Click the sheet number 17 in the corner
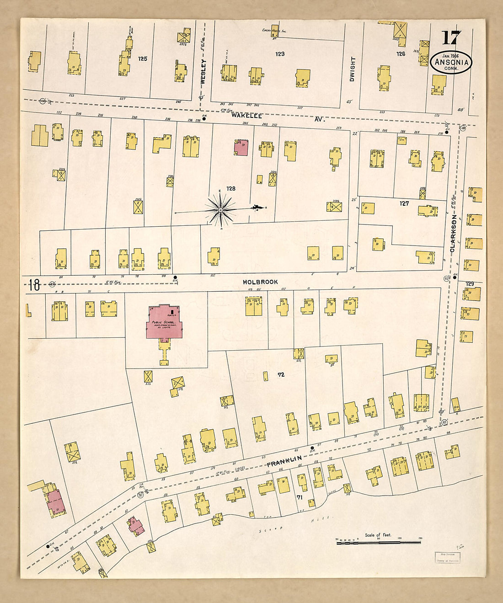pos(451,38)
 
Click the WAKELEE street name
pos(246,116)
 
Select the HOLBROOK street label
pos(260,282)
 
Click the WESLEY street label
pos(203,72)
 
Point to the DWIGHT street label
pos(352,69)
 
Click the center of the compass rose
pos(220,210)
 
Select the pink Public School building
pos(164,323)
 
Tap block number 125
pos(143,59)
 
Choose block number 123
pos(280,54)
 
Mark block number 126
pos(401,54)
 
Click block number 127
pos(404,203)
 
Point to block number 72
pos(281,374)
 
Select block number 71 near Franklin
pos(300,497)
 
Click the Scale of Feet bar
pos(378,542)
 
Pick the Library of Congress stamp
pos(447,557)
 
